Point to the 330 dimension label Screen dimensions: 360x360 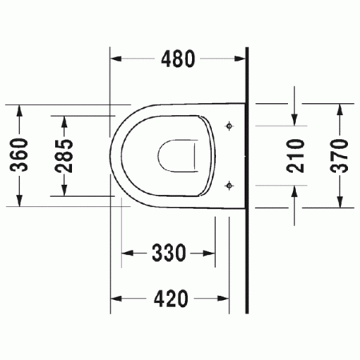169,254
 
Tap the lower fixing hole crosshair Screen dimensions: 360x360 230,186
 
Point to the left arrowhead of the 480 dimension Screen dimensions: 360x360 114,60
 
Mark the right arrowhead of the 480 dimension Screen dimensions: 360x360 242,60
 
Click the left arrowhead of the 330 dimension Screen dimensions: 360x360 126,254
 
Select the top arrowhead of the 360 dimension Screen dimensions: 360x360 20,110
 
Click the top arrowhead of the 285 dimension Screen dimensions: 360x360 64,119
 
